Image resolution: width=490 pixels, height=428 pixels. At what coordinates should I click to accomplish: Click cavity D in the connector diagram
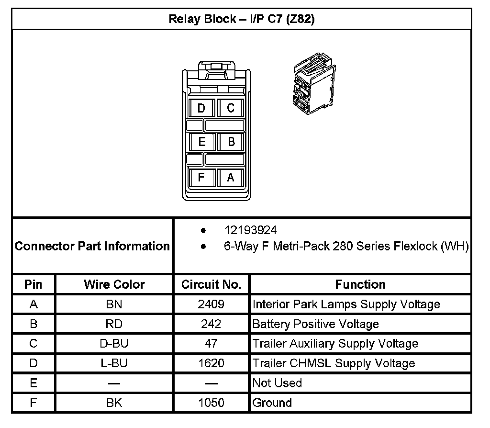tap(201, 108)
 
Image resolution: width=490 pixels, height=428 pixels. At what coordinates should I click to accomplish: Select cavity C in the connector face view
tap(231, 108)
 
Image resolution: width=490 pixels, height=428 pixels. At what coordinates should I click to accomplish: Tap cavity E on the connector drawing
tap(201, 142)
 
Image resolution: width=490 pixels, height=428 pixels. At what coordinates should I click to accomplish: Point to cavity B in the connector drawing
tap(231, 142)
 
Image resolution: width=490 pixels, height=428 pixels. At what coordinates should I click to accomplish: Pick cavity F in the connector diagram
tap(201, 177)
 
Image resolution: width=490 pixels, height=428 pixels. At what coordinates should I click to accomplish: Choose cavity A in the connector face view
tap(231, 177)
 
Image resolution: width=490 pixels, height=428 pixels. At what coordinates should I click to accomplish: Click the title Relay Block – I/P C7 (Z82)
tap(242, 20)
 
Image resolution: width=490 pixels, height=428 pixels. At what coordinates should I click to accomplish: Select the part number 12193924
tap(251, 230)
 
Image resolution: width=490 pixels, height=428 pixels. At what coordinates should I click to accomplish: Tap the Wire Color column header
tap(114, 284)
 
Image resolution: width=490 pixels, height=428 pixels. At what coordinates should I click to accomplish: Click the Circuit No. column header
tap(211, 284)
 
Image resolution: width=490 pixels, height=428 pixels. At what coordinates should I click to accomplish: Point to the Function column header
tap(360, 284)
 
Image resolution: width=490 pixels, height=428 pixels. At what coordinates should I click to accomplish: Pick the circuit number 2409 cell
tap(211, 304)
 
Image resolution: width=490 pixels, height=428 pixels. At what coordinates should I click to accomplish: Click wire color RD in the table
tap(114, 324)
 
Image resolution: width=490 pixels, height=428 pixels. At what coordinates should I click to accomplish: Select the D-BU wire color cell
tap(114, 343)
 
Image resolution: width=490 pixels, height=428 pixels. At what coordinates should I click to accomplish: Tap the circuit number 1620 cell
tap(211, 363)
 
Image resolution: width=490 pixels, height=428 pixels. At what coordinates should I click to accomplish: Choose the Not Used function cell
tap(277, 383)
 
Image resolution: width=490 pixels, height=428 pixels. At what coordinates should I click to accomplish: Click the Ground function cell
tap(272, 403)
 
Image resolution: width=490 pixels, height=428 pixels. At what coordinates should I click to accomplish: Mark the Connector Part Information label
tap(92, 246)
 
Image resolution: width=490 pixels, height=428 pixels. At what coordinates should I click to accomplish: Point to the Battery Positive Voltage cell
tap(315, 324)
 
